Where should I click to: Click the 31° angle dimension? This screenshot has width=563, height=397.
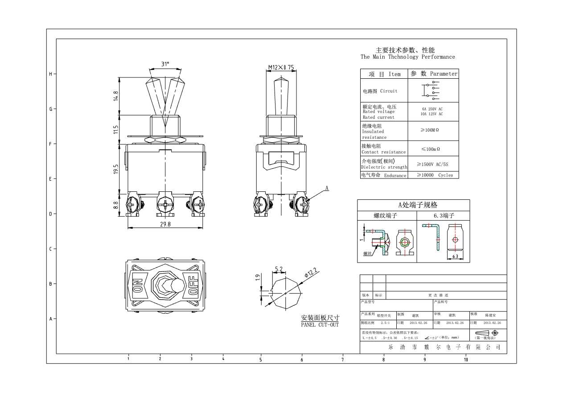pyautogui.click(x=165, y=64)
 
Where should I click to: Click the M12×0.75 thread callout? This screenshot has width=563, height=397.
pyautogui.click(x=281, y=68)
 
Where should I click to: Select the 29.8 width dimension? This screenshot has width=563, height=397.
pyautogui.click(x=165, y=224)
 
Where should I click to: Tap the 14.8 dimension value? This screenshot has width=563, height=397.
pyautogui.click(x=115, y=97)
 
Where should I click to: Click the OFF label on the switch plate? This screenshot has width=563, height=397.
pyautogui.click(x=193, y=285)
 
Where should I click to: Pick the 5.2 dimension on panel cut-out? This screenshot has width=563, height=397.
pyautogui.click(x=279, y=269)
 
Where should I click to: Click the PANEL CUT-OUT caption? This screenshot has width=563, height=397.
pyautogui.click(x=320, y=325)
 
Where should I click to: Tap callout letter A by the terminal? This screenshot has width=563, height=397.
pyautogui.click(x=326, y=188)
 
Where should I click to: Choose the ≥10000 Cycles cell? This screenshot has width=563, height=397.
pyautogui.click(x=434, y=175)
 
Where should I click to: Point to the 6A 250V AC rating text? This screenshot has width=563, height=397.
pyautogui.click(x=432, y=109)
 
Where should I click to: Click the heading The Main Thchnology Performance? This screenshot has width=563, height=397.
pyautogui.click(x=407, y=57)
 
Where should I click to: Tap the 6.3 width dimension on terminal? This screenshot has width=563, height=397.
pyautogui.click(x=455, y=257)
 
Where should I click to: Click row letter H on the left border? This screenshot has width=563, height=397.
pyautogui.click(x=50, y=74)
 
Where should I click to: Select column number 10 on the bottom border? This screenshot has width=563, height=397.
pyautogui.click(x=466, y=359)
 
